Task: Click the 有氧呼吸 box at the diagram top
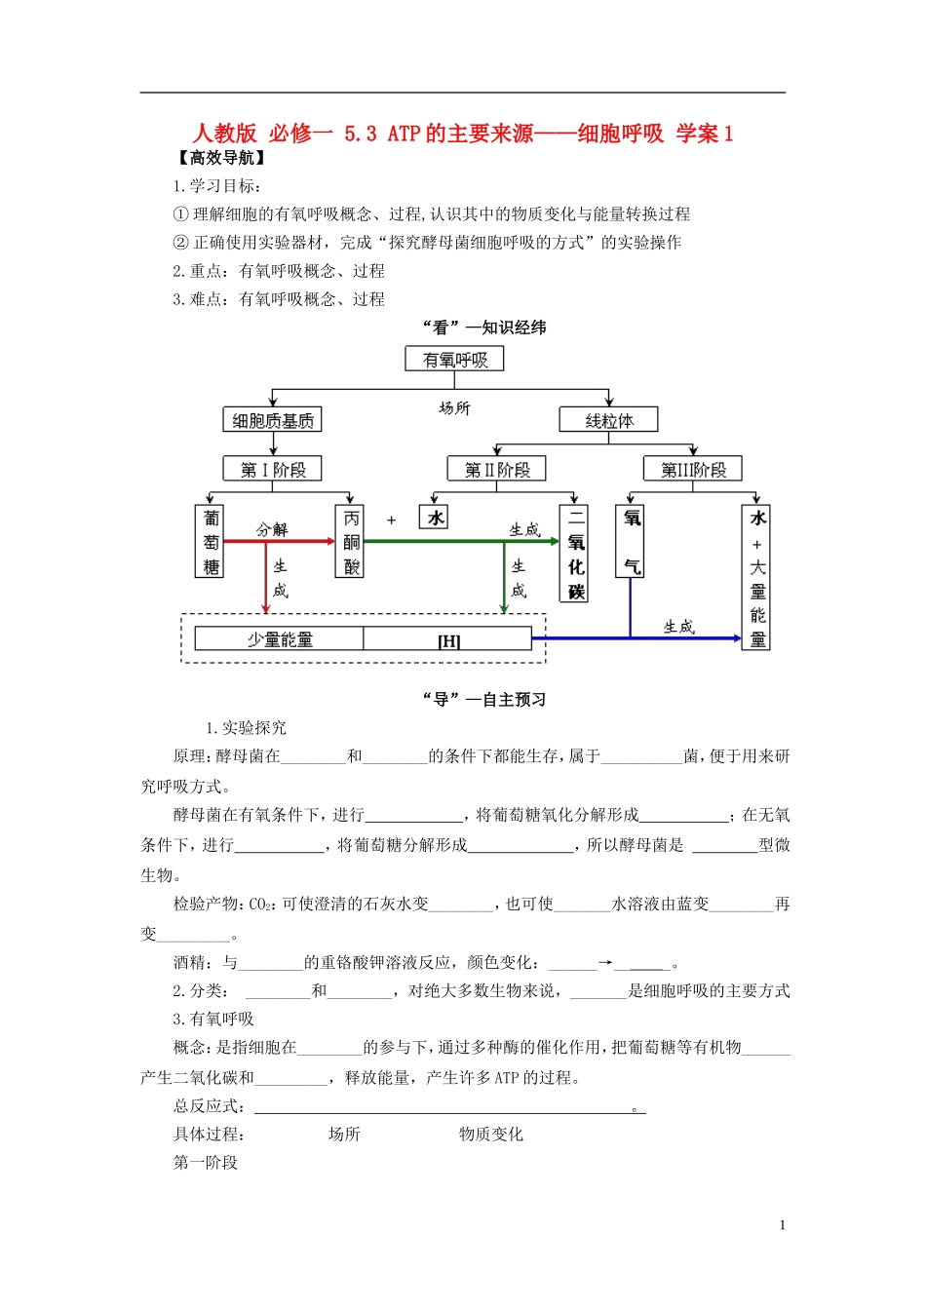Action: click(454, 360)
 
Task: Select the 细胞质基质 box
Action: click(273, 420)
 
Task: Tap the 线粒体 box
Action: click(609, 420)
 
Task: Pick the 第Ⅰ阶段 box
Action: click(273, 470)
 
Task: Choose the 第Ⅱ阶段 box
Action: click(497, 470)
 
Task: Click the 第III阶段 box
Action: click(693, 470)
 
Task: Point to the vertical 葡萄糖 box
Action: click(211, 542)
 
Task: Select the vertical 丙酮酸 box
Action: click(351, 542)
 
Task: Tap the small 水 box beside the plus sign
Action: click(435, 518)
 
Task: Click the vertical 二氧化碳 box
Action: click(576, 554)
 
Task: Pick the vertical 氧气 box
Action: click(632, 542)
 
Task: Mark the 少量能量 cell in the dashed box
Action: click(280, 639)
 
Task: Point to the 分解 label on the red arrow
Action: click(272, 529)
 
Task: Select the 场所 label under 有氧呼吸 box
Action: click(454, 407)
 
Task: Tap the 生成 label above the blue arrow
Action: click(678, 627)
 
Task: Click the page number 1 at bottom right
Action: click(783, 1225)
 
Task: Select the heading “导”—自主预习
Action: click(484, 700)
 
